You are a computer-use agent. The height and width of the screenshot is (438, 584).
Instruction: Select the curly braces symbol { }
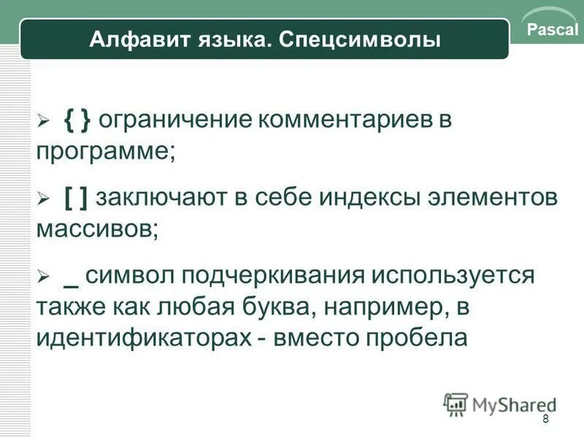pyautogui.click(x=77, y=120)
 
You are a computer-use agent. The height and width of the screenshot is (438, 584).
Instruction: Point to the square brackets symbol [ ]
pyautogui.click(x=77, y=197)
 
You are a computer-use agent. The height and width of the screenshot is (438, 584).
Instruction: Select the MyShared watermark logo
pyautogui.click(x=499, y=404)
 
